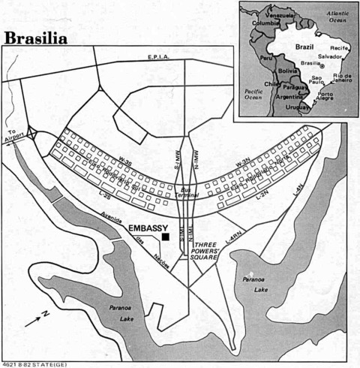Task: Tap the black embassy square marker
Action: coord(165,237)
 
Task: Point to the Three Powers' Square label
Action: coord(205,251)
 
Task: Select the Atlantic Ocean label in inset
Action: coord(330,17)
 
